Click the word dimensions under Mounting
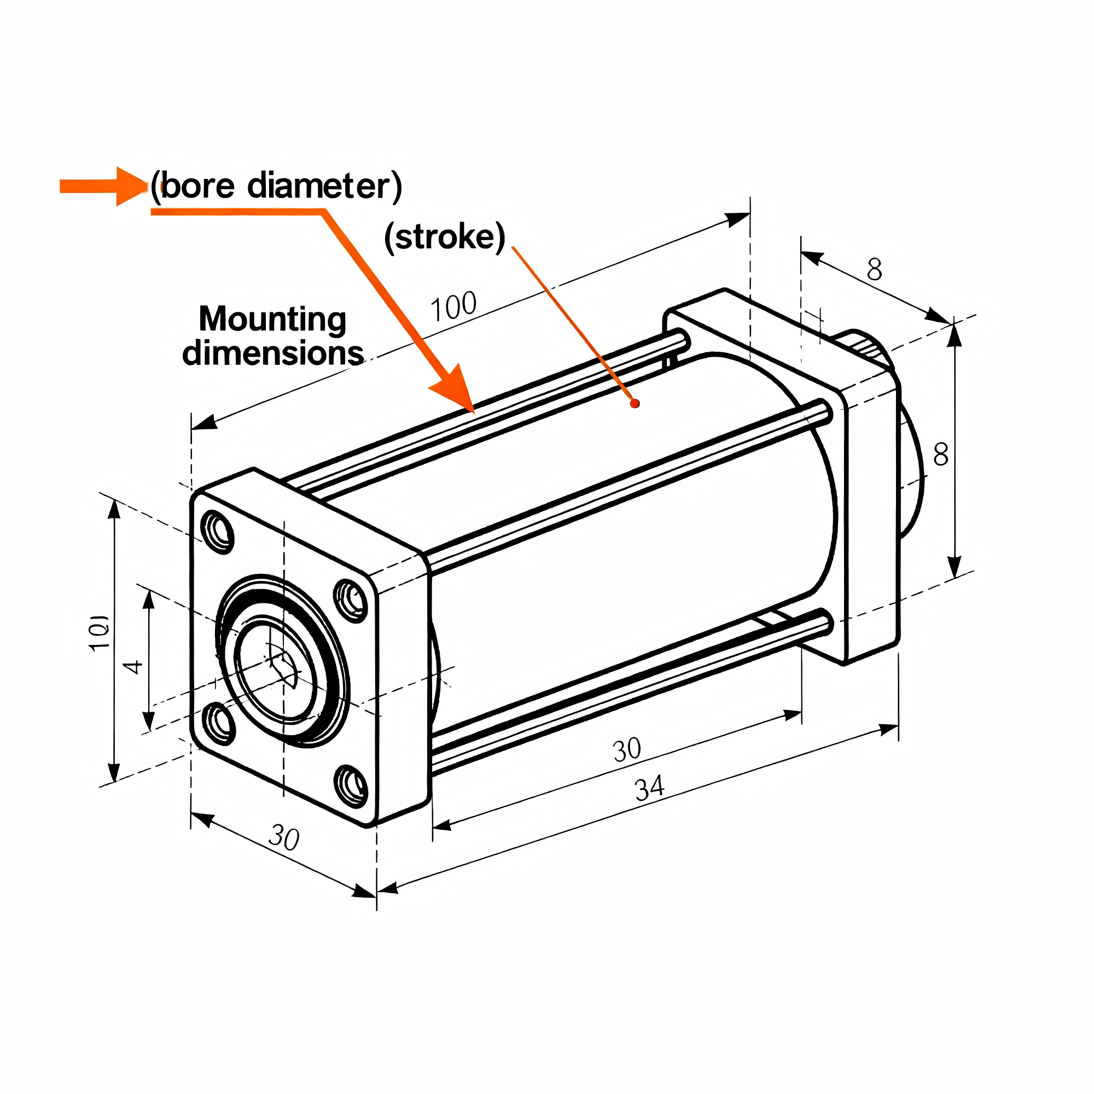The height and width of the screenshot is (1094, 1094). (x=272, y=353)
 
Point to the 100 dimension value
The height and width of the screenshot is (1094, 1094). (x=453, y=306)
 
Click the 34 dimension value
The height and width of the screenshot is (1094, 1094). (x=649, y=788)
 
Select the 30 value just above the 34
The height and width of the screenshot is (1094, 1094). (x=627, y=750)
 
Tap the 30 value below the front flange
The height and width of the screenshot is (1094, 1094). (x=284, y=837)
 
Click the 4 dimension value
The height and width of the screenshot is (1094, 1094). (x=133, y=666)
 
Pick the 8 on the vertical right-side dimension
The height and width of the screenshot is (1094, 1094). (x=940, y=454)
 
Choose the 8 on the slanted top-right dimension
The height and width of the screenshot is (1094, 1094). (x=874, y=270)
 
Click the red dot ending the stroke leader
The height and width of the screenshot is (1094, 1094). (x=635, y=403)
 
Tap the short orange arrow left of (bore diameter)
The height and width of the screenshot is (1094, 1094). (x=102, y=186)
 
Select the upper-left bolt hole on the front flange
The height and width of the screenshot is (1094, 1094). (x=218, y=531)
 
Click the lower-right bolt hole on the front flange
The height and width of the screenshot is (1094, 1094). (x=352, y=785)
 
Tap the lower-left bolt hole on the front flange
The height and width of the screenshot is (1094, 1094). (x=220, y=723)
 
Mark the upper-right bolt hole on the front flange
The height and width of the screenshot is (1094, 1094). (x=351, y=600)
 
